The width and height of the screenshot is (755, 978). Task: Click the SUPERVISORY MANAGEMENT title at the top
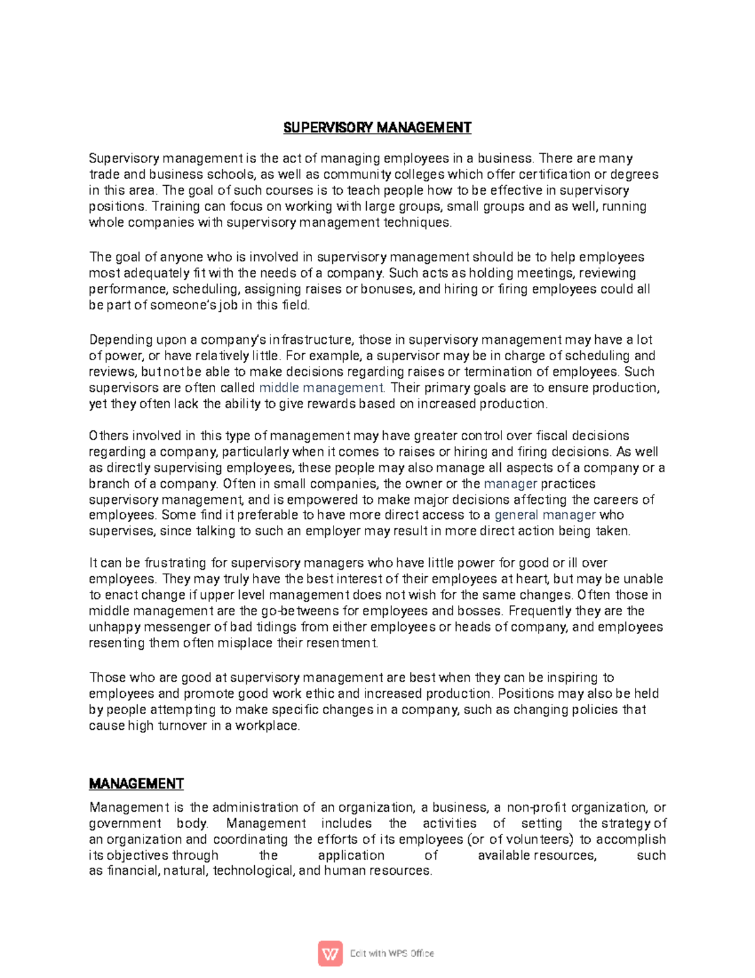tap(377, 128)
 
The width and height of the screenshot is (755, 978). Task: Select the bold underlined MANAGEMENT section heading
tap(137, 784)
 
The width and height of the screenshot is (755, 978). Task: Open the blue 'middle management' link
tap(321, 388)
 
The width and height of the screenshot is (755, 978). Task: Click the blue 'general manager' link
tap(545, 515)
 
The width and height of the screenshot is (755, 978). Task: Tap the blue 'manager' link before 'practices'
tap(510, 484)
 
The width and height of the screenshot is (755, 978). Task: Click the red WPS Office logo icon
tap(330, 953)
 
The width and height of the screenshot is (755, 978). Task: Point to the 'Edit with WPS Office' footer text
tap(392, 953)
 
